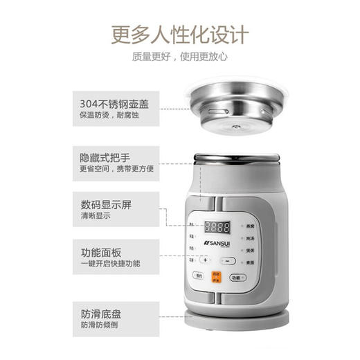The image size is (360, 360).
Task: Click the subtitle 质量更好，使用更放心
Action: coord(179,56)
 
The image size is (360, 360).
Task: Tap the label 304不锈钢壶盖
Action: coord(114,105)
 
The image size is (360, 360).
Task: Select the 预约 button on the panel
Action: coord(199,276)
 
